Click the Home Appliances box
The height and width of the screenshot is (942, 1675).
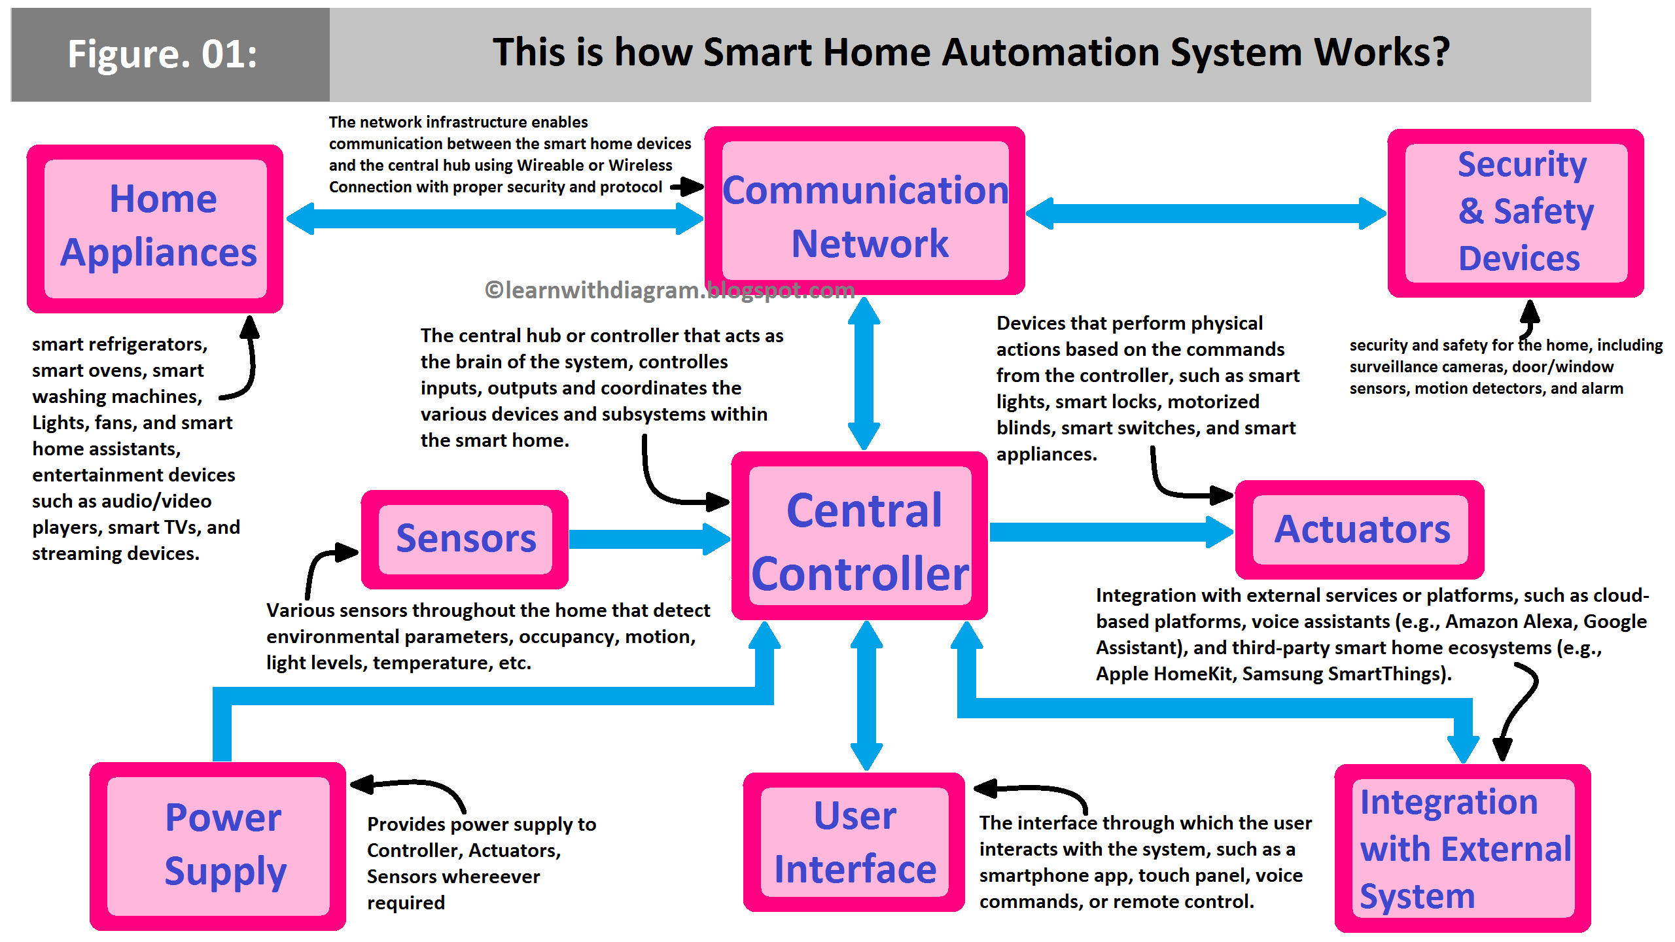[155, 228]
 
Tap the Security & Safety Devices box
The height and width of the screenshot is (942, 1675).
[1515, 213]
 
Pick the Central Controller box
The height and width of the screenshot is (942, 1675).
[860, 536]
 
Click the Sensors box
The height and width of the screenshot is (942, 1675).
[465, 539]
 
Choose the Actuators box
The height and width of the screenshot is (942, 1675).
[1360, 529]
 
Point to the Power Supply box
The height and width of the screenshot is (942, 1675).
[218, 846]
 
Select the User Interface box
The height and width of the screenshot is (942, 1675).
[854, 842]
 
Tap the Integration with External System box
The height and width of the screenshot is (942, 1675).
[1463, 848]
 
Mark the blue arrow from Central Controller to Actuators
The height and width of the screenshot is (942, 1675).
[1110, 532]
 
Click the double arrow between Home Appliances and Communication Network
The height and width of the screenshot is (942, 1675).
[495, 218]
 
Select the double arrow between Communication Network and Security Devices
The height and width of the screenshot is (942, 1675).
[1205, 213]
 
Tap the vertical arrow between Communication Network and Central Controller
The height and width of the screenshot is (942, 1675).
[864, 373]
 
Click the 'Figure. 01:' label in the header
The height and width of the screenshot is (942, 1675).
[163, 54]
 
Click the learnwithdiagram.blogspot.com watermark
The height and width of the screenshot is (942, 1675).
[669, 290]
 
